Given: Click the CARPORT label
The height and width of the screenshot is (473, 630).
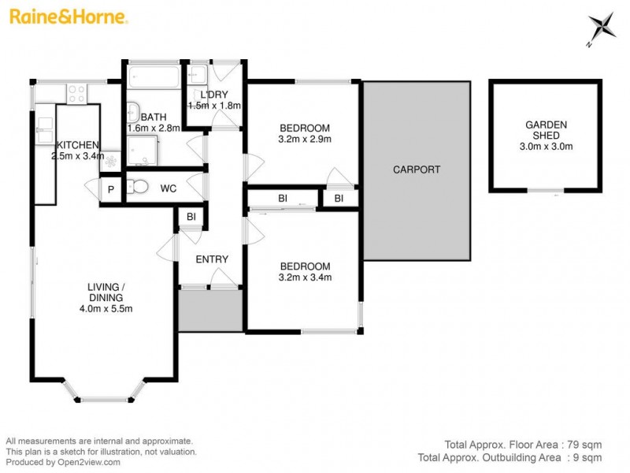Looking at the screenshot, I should coord(417,169).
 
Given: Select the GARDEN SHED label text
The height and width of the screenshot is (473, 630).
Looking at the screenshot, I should coord(545,129).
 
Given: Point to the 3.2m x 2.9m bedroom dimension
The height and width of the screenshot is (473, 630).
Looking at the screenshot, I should coord(304,140).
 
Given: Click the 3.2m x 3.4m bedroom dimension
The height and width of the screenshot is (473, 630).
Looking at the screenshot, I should coord(304,277).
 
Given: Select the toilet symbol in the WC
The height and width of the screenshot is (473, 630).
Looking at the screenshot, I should coord(139,188).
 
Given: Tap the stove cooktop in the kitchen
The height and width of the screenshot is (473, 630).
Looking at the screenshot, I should coord(76,94).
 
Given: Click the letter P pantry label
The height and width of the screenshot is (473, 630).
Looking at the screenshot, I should coord(111,190).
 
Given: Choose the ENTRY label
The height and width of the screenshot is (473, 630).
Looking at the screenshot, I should coord(212,259).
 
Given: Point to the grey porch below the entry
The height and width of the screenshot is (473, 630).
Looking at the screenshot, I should coord(210,309).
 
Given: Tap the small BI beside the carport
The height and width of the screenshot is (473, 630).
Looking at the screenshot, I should coord(339,199).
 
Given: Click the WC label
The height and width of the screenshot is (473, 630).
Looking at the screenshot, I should coord(168,189).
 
